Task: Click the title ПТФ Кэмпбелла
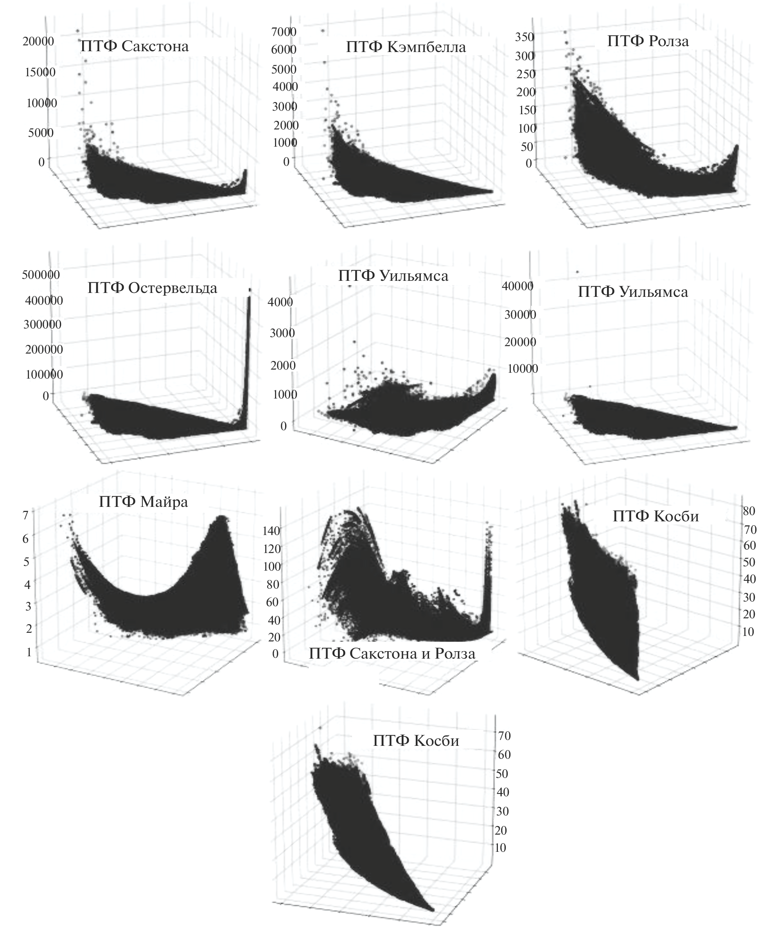coord(406,47)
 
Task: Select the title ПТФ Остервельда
coord(152,288)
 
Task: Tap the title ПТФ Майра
coord(143,502)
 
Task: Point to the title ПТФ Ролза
coord(648,41)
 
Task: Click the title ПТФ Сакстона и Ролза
coord(392,653)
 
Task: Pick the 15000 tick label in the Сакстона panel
coord(40,72)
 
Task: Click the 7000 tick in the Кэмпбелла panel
coord(284,32)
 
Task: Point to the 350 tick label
coord(524,37)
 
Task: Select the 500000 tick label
coord(41,275)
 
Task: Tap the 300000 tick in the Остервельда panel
coord(43,324)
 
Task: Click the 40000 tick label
coord(518,286)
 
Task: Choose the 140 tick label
coord(271,531)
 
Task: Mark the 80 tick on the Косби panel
coord(749,511)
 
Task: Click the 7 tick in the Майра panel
coord(25,515)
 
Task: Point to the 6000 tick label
coord(284,50)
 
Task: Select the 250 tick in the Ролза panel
coord(526,74)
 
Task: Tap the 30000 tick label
coord(521,314)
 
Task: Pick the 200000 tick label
coord(44,349)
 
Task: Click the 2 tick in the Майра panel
coord(29,629)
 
